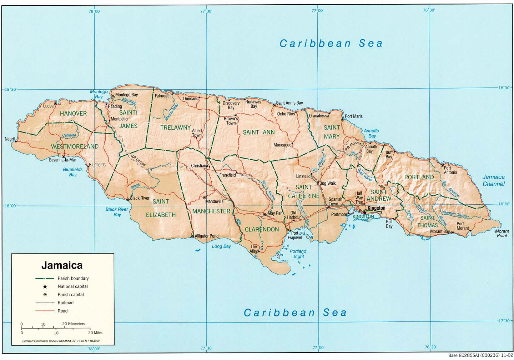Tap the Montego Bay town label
(126, 95)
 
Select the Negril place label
(10, 139)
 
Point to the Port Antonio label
(450, 170)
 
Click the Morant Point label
(502, 233)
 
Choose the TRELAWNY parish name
(175, 127)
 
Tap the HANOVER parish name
(73, 114)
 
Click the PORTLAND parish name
(419, 177)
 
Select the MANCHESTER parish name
(211, 211)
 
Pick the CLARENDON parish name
(262, 229)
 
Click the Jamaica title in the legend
(62, 265)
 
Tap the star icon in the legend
(45, 286)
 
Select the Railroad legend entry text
(65, 303)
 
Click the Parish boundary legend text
(73, 278)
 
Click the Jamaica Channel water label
(493, 180)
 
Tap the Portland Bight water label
(298, 254)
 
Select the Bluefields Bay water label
(73, 172)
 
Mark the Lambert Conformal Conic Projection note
(61, 341)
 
